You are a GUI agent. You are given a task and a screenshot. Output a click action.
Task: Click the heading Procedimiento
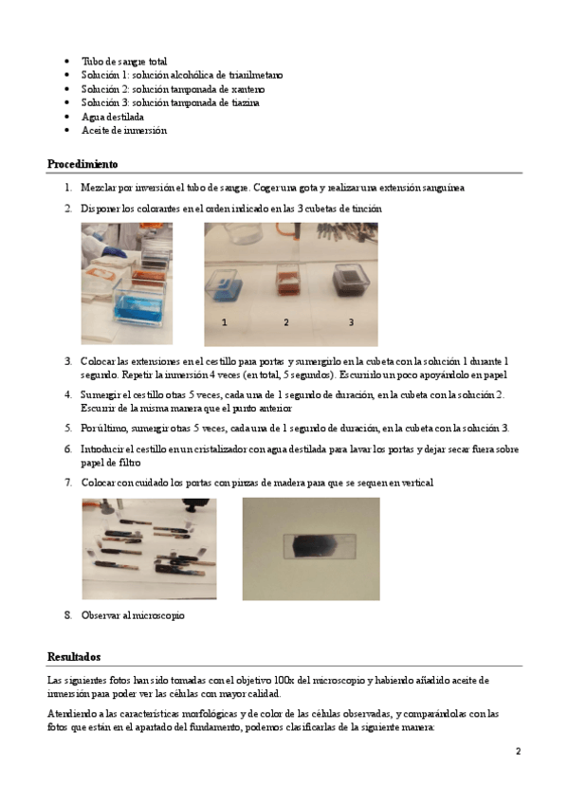point(82,164)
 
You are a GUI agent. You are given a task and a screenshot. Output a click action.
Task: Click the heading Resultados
point(74,657)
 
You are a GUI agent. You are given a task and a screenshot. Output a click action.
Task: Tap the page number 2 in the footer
point(519,751)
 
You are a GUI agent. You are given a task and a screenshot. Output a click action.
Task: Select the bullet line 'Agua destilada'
point(113,117)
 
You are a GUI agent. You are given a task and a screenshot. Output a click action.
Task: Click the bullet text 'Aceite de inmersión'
point(124,130)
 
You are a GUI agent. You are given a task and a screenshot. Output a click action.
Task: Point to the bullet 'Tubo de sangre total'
point(124,62)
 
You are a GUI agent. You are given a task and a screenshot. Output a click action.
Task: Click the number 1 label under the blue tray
point(224,322)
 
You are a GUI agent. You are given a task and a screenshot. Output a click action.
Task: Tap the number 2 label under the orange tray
point(286,322)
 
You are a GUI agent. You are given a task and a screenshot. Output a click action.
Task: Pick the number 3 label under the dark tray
point(351,322)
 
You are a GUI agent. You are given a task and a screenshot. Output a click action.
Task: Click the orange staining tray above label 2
point(287,280)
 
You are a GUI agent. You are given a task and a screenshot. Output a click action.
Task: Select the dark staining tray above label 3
point(351,280)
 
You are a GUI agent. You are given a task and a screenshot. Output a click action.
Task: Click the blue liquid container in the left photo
point(139,306)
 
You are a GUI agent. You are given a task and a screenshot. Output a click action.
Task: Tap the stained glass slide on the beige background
point(320,546)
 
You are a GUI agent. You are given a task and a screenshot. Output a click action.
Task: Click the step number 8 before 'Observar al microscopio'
point(68,615)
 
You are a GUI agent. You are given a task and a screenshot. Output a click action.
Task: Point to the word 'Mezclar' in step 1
point(99,188)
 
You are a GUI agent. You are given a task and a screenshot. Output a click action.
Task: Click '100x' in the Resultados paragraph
point(284,681)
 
